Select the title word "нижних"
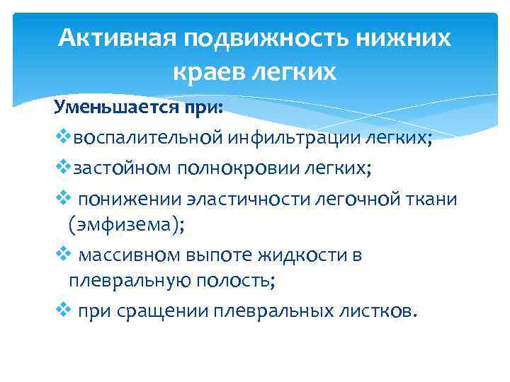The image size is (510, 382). (x=408, y=37)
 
